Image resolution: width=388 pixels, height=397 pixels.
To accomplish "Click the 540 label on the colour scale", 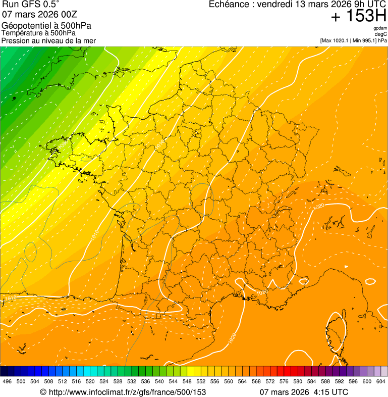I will tap(159, 381).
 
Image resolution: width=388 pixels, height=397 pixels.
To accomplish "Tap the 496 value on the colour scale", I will tap(7, 381).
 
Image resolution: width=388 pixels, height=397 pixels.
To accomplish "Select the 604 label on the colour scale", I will tap(381, 381).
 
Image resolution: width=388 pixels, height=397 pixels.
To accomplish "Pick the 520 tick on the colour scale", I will tap(90, 381).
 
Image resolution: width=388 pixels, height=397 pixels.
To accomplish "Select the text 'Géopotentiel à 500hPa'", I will tap(46, 26).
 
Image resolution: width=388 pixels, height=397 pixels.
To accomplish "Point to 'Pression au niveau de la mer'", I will tap(48, 40).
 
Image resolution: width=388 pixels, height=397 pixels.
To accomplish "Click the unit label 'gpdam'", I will tap(380, 28).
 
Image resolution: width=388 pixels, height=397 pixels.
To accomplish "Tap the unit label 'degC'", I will tap(381, 34).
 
